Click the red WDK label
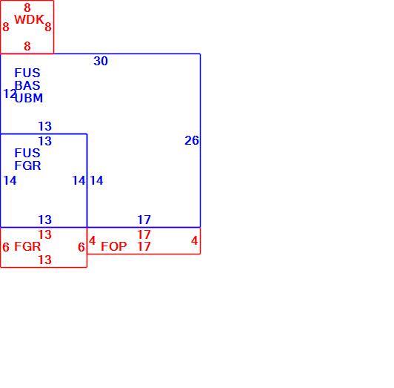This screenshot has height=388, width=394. pyautogui.click(x=29, y=19)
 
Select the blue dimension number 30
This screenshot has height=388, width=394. pyautogui.click(x=101, y=61)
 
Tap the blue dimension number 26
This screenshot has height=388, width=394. pyautogui.click(x=192, y=140)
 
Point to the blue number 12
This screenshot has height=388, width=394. pyautogui.click(x=10, y=93)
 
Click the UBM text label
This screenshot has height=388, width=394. pyautogui.click(x=29, y=98)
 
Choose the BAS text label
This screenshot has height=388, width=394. pyautogui.click(x=27, y=85)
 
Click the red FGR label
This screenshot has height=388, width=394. pyautogui.click(x=27, y=246)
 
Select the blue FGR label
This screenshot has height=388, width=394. pyautogui.click(x=27, y=165)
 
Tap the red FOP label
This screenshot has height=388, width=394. pyautogui.click(x=114, y=246)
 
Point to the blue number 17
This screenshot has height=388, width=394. pyautogui.click(x=144, y=220)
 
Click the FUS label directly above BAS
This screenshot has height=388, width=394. pyautogui.click(x=27, y=73)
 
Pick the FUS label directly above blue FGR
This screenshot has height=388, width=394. pyautogui.click(x=27, y=153)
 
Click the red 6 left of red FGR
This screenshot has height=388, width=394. pyautogui.click(x=6, y=247)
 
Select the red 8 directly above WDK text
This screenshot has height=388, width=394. pyautogui.click(x=27, y=8)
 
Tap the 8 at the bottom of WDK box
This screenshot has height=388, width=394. pyautogui.click(x=27, y=46)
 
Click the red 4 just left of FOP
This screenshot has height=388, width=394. pyautogui.click(x=93, y=240)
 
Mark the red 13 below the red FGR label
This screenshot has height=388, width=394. pyautogui.click(x=45, y=260)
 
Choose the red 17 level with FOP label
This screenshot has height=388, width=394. pyautogui.click(x=144, y=246)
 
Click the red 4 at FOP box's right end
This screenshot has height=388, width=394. pyautogui.click(x=194, y=241)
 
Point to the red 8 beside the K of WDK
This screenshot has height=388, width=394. pyautogui.click(x=48, y=27)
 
